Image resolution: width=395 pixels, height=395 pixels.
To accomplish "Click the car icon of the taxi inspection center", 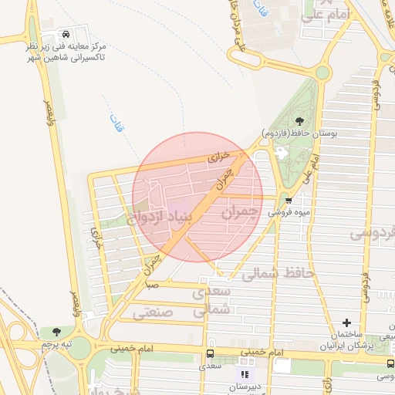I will (x=68, y=35).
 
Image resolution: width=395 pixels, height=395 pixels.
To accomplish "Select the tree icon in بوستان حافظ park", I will (x=299, y=120).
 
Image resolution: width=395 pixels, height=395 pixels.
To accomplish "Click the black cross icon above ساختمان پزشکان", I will (x=346, y=322).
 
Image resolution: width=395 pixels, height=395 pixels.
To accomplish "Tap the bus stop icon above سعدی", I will (x=209, y=353).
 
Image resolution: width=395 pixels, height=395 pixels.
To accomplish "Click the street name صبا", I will (x=154, y=285).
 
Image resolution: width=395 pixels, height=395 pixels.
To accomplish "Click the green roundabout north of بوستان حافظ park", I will (x=322, y=73).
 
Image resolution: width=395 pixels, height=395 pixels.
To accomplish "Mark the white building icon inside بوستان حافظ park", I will (x=279, y=154).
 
